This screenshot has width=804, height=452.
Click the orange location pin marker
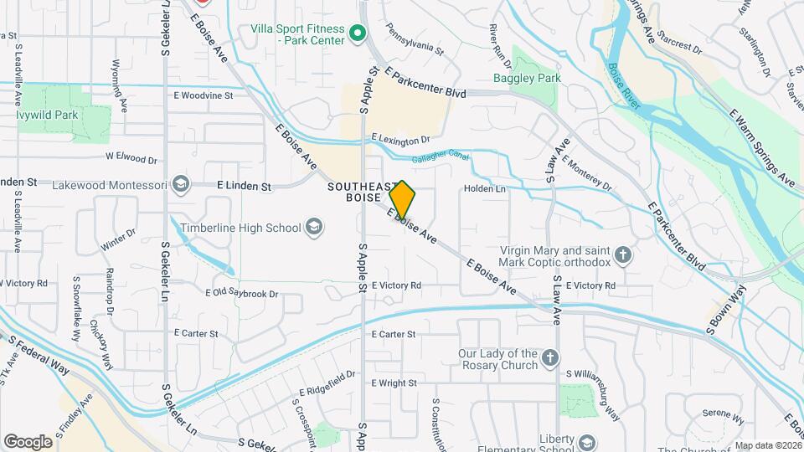[402, 200]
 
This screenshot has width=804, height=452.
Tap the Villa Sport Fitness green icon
[358, 33]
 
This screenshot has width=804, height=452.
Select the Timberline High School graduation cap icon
[313, 227]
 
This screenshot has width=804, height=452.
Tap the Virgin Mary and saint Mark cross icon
[622, 255]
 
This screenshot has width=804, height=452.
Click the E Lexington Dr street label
[400, 139]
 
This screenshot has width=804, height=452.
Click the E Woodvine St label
[204, 95]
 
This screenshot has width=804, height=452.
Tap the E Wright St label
[394, 383]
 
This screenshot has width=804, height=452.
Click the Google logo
[28, 442]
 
